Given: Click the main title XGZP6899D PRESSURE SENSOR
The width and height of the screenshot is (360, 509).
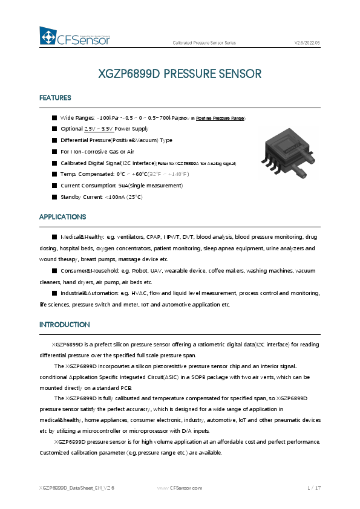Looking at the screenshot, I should tap(180, 74).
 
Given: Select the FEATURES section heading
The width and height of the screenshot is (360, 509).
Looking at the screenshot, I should tap(55, 98).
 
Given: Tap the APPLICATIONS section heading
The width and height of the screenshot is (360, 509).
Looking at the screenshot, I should tap(62, 217).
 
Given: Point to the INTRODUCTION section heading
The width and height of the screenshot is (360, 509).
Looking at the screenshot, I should tap(65, 325).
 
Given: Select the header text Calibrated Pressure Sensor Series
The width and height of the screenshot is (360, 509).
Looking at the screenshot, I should tap(205, 44).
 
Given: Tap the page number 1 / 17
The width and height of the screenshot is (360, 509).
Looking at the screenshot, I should tap(313, 487).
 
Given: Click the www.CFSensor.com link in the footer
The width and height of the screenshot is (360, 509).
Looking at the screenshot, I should tap(180, 487).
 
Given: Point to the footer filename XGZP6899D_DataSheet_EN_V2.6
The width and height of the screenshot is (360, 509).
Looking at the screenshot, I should tap(77, 487).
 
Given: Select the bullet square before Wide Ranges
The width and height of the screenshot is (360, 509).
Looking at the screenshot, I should tap(54, 117).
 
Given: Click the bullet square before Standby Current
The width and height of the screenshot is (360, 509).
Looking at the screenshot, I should tap(54, 197).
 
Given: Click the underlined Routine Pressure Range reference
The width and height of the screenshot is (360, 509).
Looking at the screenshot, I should tap(220, 118).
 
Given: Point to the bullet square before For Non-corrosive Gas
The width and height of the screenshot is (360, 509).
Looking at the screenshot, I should tap(54, 152).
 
